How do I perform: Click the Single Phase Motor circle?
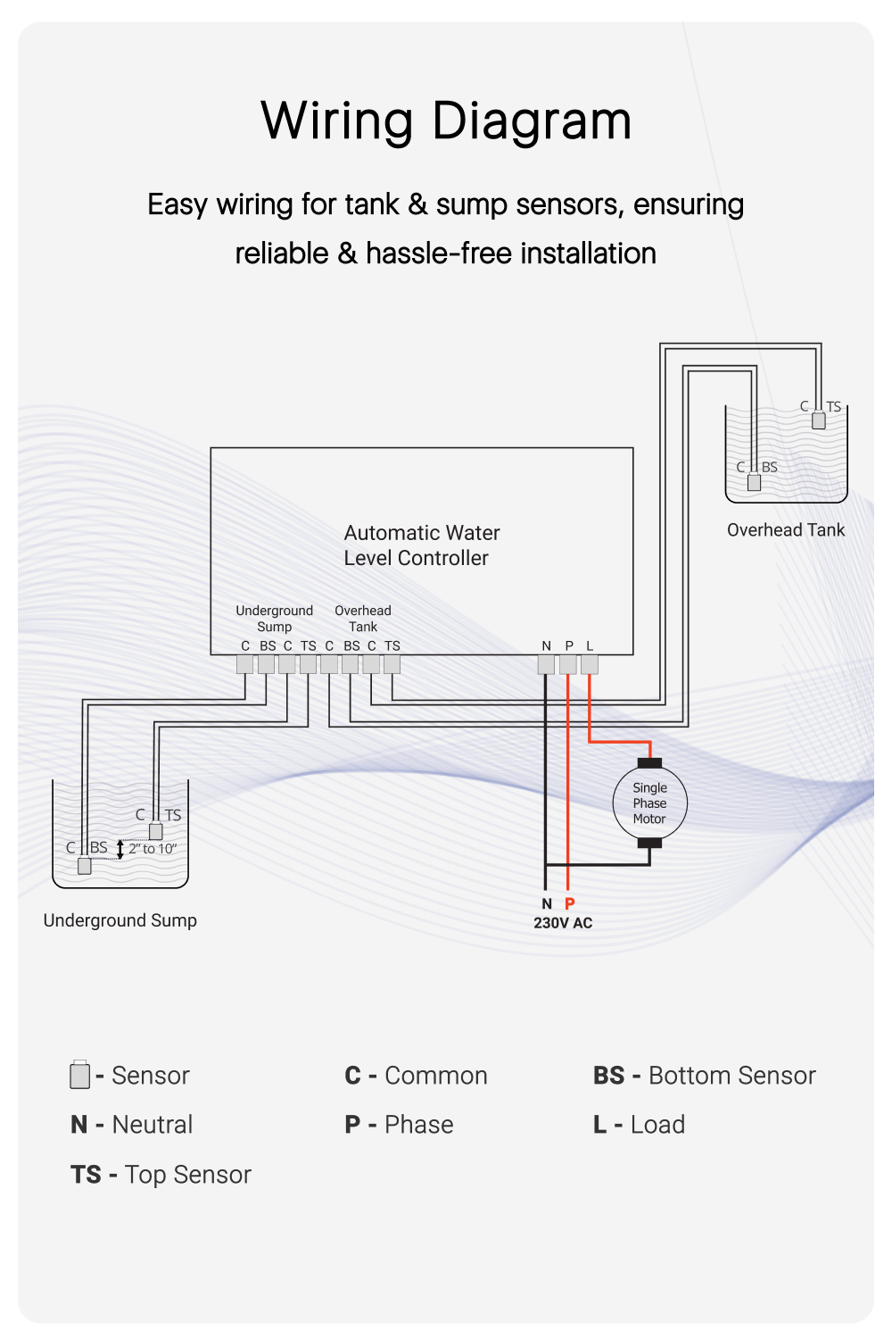click(649, 803)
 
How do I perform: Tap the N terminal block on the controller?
click(546, 664)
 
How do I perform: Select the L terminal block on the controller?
click(590, 664)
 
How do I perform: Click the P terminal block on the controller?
click(568, 664)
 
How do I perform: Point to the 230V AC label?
click(563, 923)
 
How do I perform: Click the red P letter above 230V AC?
click(570, 903)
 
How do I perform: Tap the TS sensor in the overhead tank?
click(819, 421)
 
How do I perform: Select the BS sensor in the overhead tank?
click(754, 483)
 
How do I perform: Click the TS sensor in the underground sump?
click(156, 831)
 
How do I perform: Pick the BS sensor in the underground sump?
click(85, 865)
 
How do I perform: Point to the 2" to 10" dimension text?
click(153, 849)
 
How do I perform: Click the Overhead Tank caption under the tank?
click(786, 530)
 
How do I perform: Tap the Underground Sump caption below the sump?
click(120, 920)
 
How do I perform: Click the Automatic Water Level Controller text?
click(421, 545)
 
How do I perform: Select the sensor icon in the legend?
click(79, 1075)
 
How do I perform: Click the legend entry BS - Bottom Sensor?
click(705, 1076)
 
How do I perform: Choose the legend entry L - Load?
click(640, 1125)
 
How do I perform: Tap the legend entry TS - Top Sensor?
click(161, 1175)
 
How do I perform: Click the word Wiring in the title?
click(337, 121)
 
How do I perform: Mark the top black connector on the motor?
click(649, 763)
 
